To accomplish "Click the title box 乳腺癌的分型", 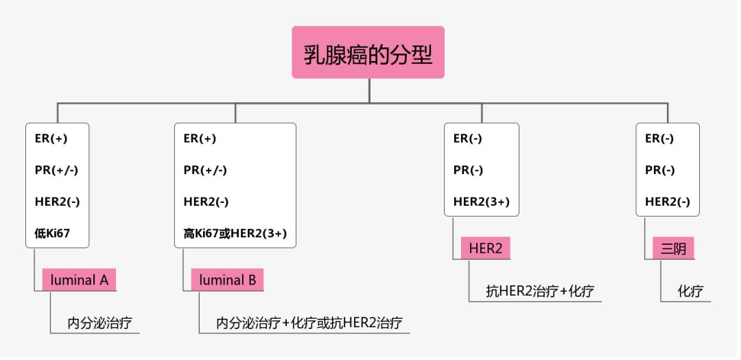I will click(x=368, y=53).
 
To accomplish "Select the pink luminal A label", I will click(x=79, y=280).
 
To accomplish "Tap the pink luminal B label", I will click(x=227, y=280).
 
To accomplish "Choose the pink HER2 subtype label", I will click(x=485, y=248).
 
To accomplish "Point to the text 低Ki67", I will click(x=52, y=233).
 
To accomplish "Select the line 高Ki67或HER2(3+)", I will click(x=235, y=233).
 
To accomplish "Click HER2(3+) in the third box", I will click(x=482, y=202).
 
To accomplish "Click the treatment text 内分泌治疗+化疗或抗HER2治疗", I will click(x=309, y=322).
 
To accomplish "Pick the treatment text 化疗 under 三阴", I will click(x=690, y=291).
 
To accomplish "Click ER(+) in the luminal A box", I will click(x=51, y=138).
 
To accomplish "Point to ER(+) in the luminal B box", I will click(x=200, y=138).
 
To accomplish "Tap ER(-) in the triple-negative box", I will click(x=659, y=138).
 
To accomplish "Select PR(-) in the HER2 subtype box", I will click(x=468, y=170).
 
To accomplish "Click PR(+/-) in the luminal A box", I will click(x=56, y=170).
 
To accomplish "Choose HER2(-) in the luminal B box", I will click(x=206, y=202).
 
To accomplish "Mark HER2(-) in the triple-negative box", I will click(x=668, y=202).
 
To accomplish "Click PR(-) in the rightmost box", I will click(x=660, y=170).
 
